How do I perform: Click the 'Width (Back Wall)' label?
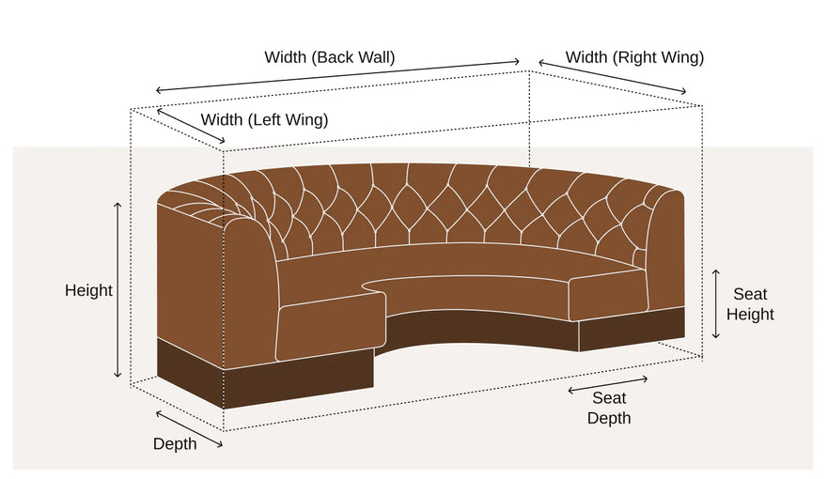point(330,57)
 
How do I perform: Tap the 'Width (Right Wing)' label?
point(634,57)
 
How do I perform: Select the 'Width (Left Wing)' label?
point(264,119)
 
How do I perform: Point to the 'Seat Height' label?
point(750,304)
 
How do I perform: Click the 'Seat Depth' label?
point(609,408)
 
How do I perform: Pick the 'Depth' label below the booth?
point(175,443)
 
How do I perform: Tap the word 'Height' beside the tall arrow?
point(88,290)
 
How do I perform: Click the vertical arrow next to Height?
point(117,290)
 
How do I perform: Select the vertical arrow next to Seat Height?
point(716,304)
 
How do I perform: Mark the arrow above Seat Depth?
point(608,385)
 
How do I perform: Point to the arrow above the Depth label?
point(189,429)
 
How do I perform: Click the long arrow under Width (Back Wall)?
point(337,76)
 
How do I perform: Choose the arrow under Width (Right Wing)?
point(613,77)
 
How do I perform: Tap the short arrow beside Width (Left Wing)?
point(191,126)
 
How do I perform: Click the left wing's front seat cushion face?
point(331,327)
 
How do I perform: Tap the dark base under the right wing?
point(632,330)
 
